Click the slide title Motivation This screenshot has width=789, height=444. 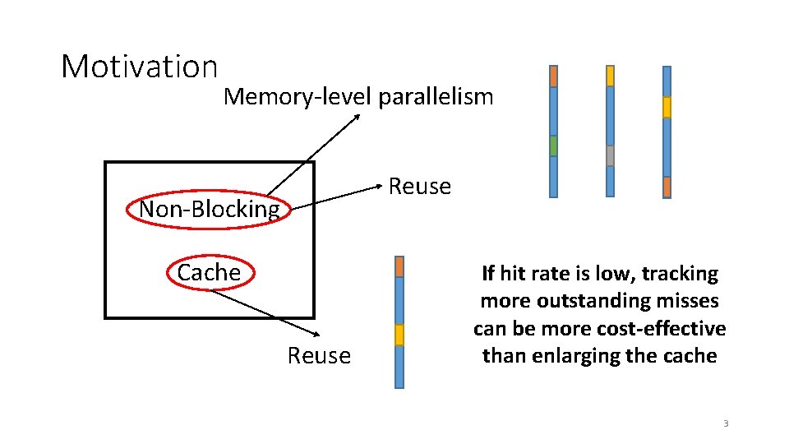click(139, 67)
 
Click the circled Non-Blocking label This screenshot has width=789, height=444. click(210, 209)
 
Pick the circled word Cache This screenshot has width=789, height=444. click(209, 272)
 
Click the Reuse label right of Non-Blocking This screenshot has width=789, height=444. click(419, 187)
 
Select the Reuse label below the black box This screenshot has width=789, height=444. click(319, 356)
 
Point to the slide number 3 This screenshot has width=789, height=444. click(726, 423)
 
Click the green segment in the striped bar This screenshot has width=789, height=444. click(553, 146)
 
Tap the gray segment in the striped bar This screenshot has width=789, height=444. click(610, 155)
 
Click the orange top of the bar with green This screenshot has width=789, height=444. click(553, 76)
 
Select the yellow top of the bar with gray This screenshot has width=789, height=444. click(610, 76)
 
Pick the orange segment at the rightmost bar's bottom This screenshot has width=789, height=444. click(667, 187)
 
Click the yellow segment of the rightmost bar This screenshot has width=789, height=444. click(667, 107)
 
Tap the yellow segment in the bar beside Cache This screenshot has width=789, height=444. click(399, 335)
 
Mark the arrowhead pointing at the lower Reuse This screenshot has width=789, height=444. click(316, 335)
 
